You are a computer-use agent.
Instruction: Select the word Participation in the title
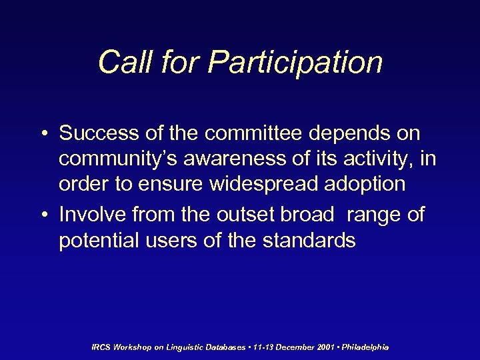click(x=295, y=62)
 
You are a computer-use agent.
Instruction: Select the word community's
click(x=118, y=159)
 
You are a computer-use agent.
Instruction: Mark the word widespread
click(x=259, y=184)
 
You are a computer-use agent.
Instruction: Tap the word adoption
click(x=365, y=184)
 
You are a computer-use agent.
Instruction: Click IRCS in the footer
click(x=101, y=347)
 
